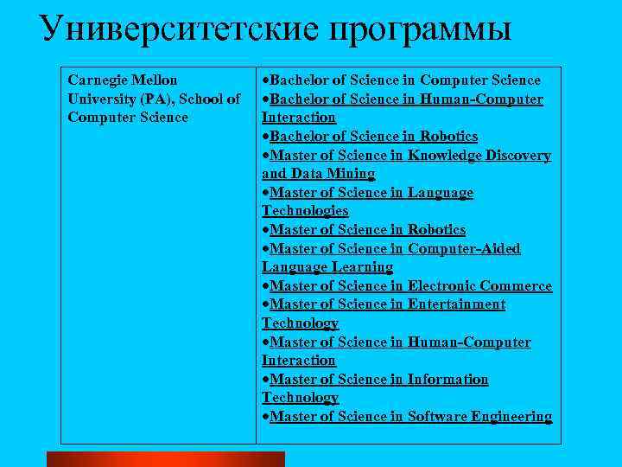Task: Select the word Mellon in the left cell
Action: (x=156, y=80)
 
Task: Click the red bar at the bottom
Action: (x=165, y=458)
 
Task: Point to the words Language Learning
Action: (x=327, y=267)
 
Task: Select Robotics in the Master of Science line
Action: (x=436, y=230)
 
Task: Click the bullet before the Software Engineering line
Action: (x=266, y=417)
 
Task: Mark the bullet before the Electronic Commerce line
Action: (x=266, y=286)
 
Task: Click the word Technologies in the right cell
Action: (x=305, y=211)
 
